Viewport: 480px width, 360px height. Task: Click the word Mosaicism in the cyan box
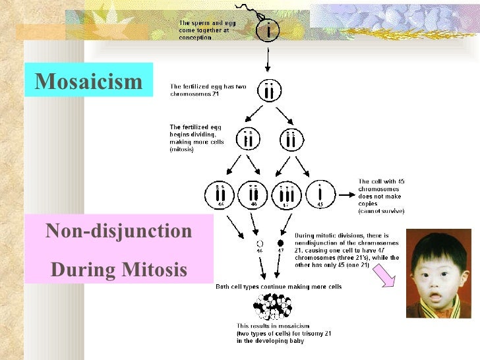coord(88,82)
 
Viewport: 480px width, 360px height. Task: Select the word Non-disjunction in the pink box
coord(119,231)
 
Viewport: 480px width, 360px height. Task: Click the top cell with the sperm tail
coord(268,29)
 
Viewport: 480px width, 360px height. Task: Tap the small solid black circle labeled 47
coord(280,243)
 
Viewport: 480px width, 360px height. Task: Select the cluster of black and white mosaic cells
coord(273,306)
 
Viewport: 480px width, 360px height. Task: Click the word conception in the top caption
coord(195,38)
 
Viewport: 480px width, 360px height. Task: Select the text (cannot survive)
coord(380,211)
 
